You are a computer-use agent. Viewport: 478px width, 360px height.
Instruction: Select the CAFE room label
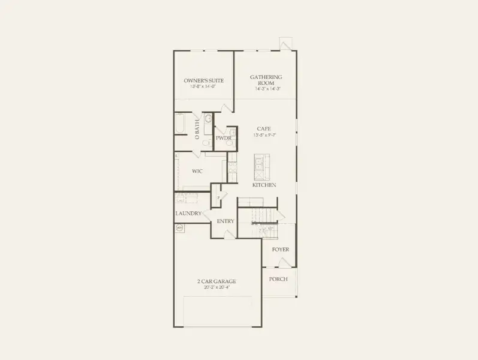[x=264, y=128]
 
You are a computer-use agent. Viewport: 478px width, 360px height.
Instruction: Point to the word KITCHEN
[x=264, y=185]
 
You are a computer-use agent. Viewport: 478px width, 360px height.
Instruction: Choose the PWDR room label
[x=224, y=138]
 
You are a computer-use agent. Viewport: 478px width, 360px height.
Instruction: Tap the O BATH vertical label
[x=197, y=129]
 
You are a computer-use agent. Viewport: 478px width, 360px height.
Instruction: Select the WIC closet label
[x=197, y=172]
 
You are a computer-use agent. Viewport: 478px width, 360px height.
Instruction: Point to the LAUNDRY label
[x=188, y=214]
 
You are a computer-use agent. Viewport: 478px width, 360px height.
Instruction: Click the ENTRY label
[x=226, y=221]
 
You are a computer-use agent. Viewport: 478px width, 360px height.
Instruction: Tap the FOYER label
[x=280, y=249]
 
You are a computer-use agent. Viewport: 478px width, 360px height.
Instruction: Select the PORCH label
[x=278, y=279]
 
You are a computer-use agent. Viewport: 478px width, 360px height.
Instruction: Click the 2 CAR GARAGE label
[x=217, y=281]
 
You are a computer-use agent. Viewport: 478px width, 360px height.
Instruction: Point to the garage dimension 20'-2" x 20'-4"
[x=217, y=287]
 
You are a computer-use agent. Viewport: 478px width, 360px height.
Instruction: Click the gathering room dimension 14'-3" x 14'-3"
[x=267, y=88]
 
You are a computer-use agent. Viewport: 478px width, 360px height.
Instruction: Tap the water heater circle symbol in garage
[x=179, y=228]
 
